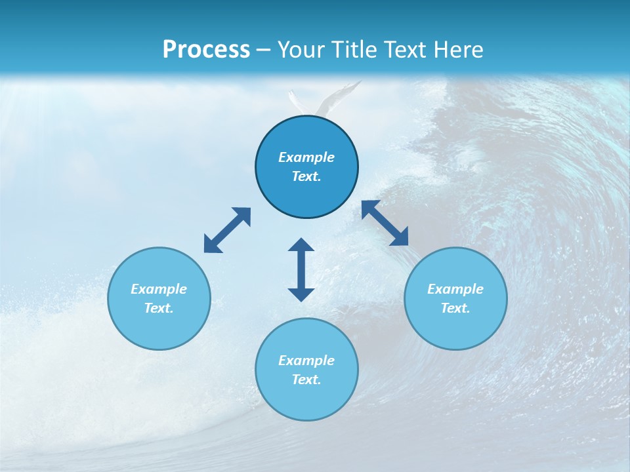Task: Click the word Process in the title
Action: [206, 50]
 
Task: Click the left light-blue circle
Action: [159, 328]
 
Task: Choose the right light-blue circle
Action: [455, 328]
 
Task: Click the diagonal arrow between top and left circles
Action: [227, 230]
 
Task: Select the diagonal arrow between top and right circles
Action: [385, 223]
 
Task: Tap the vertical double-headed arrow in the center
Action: [301, 269]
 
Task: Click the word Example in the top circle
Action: [306, 157]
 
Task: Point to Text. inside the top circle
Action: [306, 176]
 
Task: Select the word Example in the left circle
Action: [159, 289]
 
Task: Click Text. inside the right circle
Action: [455, 308]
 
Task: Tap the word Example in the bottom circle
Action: [306, 361]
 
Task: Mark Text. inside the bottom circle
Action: [306, 380]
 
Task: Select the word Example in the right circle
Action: [455, 289]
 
